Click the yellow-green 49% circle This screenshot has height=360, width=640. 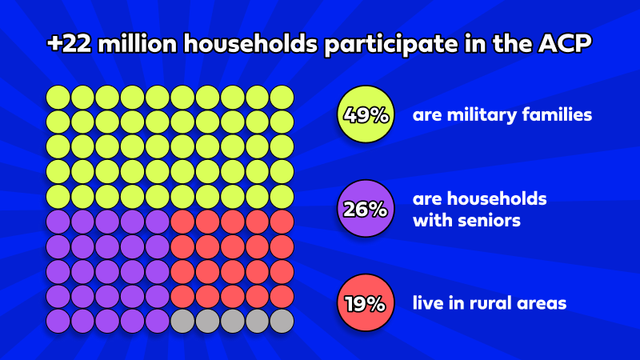pos(366,114)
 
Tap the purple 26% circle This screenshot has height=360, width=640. pos(366,210)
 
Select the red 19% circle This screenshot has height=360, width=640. pos(366,303)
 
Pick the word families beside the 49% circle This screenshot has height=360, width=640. pos(558,115)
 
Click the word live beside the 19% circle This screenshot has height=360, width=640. pos(428,303)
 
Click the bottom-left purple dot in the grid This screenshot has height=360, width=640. pos(58,321)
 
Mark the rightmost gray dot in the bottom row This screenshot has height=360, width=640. pos(282,321)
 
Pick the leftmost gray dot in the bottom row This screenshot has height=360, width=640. pos(182,321)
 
